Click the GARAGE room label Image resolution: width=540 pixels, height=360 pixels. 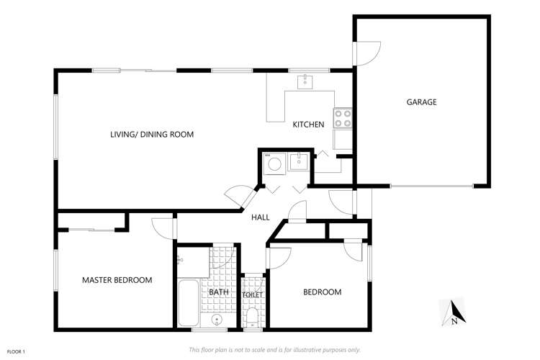422,102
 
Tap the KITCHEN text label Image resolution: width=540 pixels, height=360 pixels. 308,125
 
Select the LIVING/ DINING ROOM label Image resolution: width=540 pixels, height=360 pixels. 152,135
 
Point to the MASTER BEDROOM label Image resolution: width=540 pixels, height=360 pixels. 117,280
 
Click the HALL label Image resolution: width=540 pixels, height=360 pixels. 261,217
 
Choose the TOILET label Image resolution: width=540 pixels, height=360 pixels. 252,295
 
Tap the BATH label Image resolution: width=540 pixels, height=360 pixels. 218,292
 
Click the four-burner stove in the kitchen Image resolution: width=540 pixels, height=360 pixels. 342,118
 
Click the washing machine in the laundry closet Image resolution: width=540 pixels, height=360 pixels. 274,164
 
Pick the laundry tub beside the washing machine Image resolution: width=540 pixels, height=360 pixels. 298,162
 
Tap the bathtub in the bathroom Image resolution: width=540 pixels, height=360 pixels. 189,304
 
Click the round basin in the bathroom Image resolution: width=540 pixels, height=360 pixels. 217,320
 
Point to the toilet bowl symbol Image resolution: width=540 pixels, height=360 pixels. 252,316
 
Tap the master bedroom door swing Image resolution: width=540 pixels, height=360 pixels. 166,226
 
